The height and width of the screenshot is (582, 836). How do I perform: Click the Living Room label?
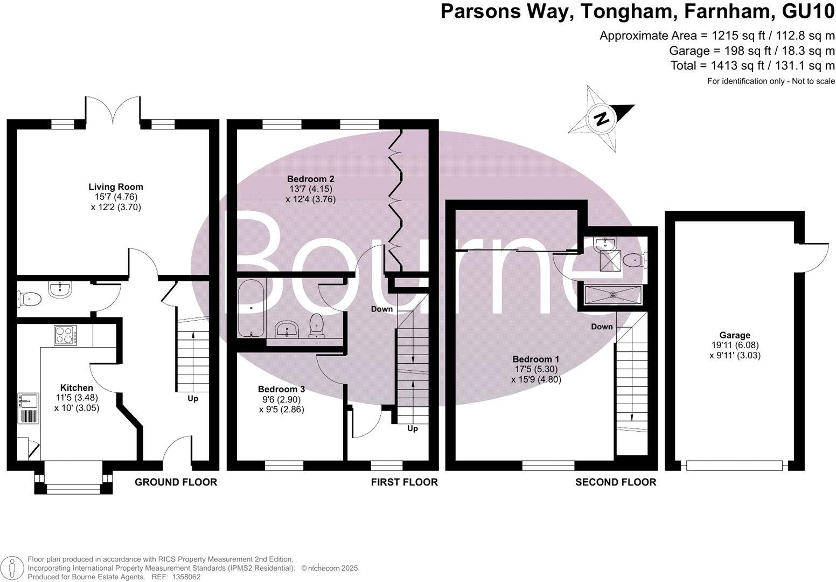click(116, 187)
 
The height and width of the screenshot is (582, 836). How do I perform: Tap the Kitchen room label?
click(76, 387)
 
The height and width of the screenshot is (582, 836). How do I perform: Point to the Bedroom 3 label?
click(281, 389)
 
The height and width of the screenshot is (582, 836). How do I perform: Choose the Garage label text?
click(735, 335)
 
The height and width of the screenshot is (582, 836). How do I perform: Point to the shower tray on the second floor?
click(613, 295)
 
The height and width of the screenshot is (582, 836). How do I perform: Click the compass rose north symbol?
click(602, 117)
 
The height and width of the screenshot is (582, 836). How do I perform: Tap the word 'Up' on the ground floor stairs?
click(192, 399)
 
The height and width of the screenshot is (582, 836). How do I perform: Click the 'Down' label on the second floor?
click(602, 327)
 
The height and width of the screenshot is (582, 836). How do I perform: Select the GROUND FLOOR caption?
click(176, 482)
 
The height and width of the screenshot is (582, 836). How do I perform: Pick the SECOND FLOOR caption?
click(616, 482)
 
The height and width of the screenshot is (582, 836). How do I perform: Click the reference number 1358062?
click(183, 577)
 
